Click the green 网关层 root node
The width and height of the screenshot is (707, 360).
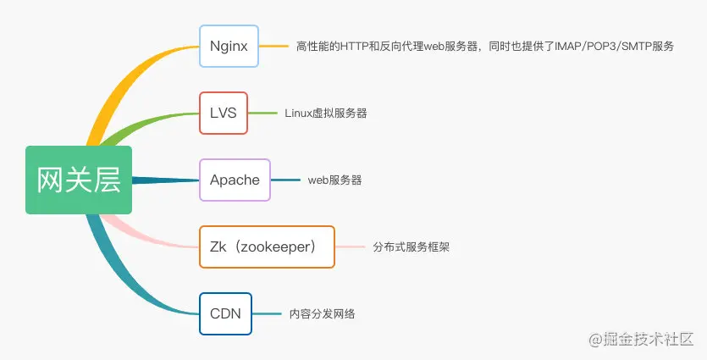point(79,180)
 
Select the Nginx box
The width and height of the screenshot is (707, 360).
point(229,46)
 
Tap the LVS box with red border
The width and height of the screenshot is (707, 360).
point(224,113)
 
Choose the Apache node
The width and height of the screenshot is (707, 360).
point(235,180)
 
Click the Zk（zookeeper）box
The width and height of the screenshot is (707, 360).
point(267,246)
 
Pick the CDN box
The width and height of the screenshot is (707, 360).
point(225,313)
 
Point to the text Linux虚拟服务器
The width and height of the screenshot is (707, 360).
point(326,113)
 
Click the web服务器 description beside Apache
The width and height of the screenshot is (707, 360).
point(334,180)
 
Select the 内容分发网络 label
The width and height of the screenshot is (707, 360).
point(322,313)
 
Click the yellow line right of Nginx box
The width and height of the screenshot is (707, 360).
point(273,46)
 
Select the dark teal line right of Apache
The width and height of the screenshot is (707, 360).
point(285,180)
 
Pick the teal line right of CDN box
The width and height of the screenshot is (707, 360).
point(267,313)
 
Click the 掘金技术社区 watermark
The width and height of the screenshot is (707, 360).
point(647,339)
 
